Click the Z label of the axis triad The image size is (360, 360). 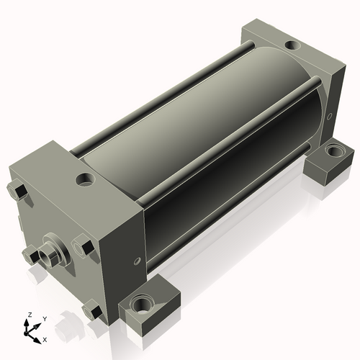click(30, 315)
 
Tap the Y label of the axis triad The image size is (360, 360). click(45, 319)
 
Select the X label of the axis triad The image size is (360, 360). click(45, 340)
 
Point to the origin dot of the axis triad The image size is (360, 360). click(25, 334)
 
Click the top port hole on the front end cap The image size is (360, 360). click(85, 180)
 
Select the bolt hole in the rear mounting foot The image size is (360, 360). click(335, 150)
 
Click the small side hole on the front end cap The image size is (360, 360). click(138, 261)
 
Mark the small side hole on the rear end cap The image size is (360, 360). click(330, 117)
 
